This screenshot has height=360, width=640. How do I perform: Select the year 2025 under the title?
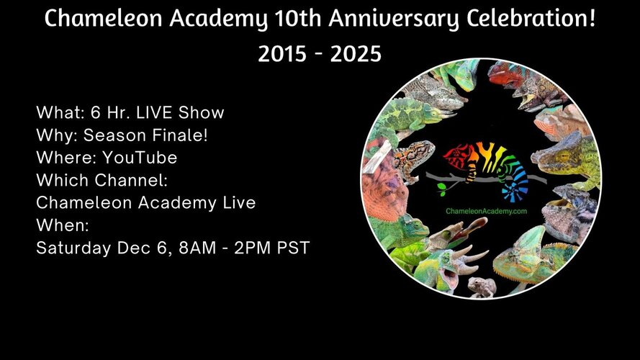[x=356, y=54]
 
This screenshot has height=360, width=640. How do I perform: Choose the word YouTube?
[x=140, y=158]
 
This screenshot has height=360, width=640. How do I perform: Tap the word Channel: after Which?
[x=131, y=180]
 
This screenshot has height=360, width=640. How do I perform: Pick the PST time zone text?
[x=294, y=248]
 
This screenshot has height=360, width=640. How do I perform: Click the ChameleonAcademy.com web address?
[x=486, y=211]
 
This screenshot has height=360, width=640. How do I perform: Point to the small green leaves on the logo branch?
[x=441, y=188]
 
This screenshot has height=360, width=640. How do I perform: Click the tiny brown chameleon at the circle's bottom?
[x=482, y=287]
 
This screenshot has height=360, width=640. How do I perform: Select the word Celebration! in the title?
[x=531, y=19]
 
